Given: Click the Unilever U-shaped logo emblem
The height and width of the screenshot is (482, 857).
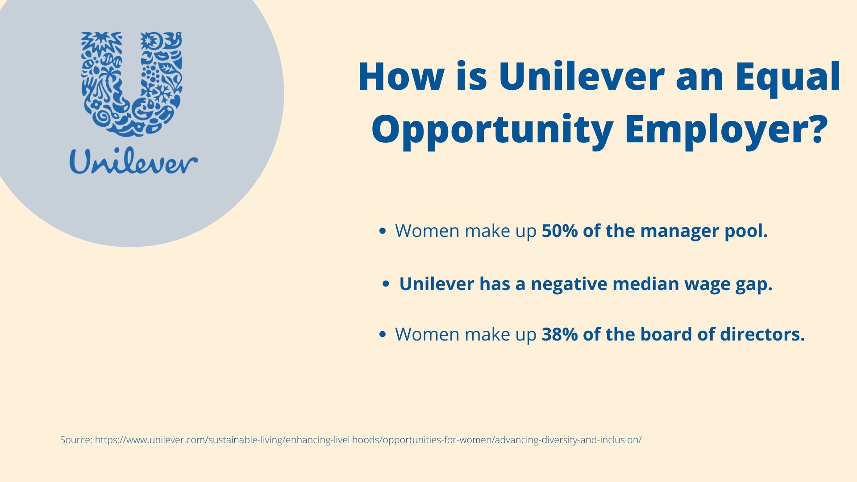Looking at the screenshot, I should click(x=132, y=84).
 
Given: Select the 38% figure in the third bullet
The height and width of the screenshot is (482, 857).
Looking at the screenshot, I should click(x=560, y=335).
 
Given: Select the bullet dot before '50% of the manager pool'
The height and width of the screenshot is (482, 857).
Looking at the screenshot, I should click(x=382, y=231).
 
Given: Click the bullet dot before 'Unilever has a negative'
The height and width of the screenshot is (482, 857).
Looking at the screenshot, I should click(x=387, y=284).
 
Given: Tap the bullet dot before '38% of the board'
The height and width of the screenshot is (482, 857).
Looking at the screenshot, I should click(x=382, y=335).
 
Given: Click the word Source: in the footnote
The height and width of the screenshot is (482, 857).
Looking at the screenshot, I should click(x=76, y=440).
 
